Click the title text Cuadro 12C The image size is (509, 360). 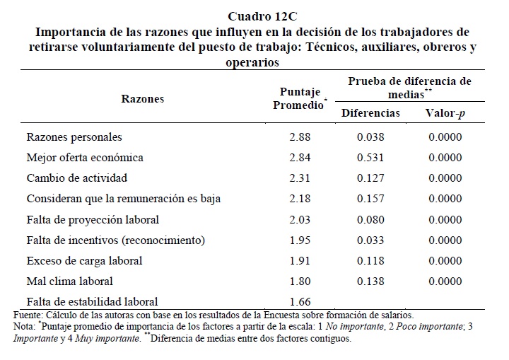point(262,16)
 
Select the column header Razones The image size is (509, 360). point(143,98)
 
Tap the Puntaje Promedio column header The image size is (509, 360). point(300,98)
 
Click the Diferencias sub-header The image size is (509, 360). point(370,112)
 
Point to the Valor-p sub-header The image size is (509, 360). point(445,113)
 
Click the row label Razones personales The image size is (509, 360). point(74,137)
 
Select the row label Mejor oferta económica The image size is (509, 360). point(85,158)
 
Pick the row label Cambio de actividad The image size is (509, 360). point(77,178)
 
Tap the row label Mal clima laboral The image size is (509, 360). point(69,281)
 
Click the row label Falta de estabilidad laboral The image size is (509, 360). point(92,302)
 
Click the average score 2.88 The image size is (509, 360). point(300,137)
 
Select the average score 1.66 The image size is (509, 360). point(300,302)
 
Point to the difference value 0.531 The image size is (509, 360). point(370,158)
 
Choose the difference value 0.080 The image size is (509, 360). point(370,220)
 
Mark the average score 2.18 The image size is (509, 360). point(300,199)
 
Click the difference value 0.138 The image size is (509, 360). point(370,281)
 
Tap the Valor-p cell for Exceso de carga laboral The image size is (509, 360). point(445,260)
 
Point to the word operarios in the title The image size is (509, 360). point(252,62)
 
